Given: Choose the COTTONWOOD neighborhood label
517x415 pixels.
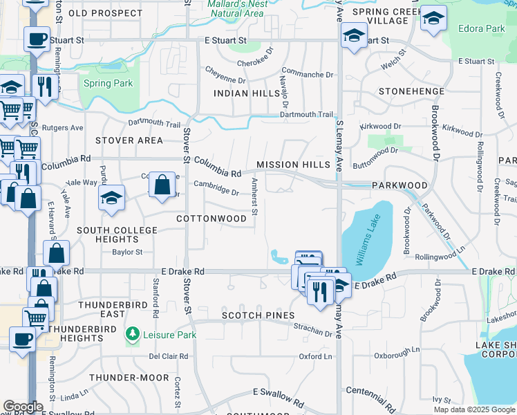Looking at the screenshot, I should (211, 219).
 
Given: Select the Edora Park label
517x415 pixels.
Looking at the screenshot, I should (481, 29).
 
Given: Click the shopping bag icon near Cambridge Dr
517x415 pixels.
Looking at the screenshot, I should (162, 185).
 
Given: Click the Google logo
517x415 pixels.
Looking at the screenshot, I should (23, 407).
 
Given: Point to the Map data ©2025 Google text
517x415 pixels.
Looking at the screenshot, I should (474, 409).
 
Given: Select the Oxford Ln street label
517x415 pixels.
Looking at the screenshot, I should (315, 357).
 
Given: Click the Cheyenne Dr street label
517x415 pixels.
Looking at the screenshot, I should (225, 69).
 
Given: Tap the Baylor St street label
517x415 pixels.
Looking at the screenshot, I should (127, 252).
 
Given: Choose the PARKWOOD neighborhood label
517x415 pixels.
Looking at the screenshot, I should (399, 186).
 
